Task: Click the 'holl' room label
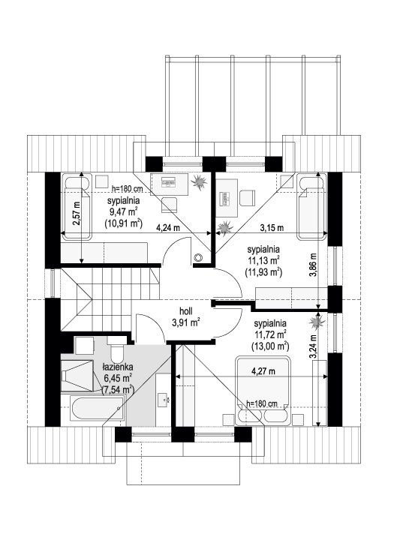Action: [186, 311]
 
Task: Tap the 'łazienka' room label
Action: [118, 367]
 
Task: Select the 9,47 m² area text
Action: [123, 212]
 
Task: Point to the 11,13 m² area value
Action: [263, 260]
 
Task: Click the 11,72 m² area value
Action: [269, 334]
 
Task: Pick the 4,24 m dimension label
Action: [168, 228]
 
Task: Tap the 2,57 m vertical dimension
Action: [76, 214]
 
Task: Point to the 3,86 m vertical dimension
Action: [314, 265]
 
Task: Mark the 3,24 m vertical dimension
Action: [314, 346]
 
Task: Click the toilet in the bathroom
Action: [116, 349]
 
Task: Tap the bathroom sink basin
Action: [163, 400]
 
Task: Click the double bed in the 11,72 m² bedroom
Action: [263, 390]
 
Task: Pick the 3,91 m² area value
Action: [185, 322]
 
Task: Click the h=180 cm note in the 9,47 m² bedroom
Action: [128, 189]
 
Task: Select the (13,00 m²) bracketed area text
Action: [269, 346]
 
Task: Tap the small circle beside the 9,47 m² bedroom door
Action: [199, 257]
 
